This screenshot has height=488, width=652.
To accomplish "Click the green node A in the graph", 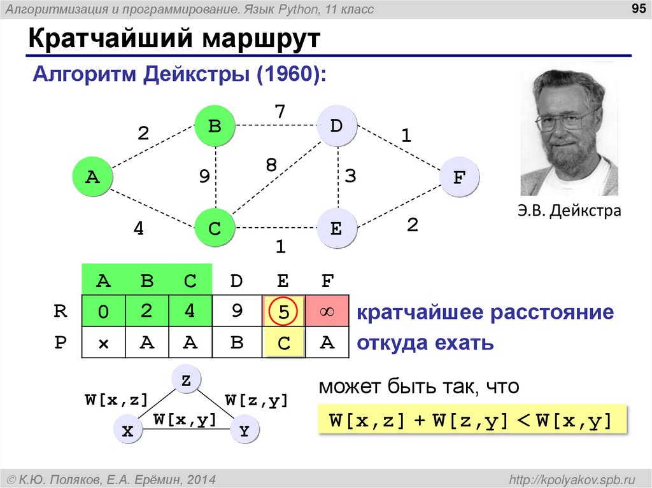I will [92, 178].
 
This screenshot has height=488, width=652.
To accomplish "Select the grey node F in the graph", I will [458, 178].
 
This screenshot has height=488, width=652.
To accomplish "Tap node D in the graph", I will [336, 126].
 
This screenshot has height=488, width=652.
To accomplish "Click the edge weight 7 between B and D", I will [280, 111].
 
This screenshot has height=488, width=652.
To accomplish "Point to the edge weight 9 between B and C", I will [204, 177].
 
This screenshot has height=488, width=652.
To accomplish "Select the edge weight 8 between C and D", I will [271, 165].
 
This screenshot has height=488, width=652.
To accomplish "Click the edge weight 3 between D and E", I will [350, 176].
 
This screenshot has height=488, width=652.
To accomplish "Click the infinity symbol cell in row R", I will [327, 312].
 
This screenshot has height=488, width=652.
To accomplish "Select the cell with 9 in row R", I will [237, 312].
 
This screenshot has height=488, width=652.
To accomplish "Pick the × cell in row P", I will [103, 344].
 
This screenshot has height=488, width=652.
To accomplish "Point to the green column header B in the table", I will [147, 281].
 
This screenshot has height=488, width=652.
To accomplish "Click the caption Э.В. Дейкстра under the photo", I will [569, 211].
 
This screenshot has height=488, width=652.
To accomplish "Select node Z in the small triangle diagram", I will [186, 380].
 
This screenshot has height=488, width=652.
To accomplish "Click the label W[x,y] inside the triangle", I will [184, 419].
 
